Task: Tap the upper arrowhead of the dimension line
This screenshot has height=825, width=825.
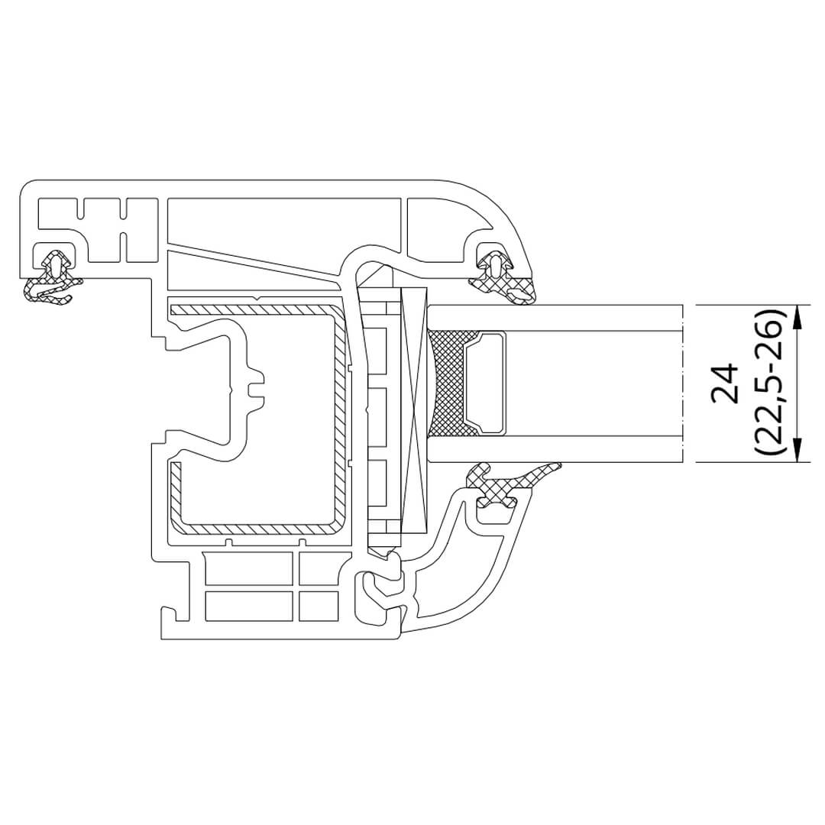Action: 797,318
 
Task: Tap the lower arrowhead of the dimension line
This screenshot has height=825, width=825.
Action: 797,449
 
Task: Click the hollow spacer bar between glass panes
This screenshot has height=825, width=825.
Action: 484,383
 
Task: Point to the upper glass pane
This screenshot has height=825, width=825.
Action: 555,318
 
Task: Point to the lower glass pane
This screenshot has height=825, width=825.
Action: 555,449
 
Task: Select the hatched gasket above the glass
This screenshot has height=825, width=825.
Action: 503,278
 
